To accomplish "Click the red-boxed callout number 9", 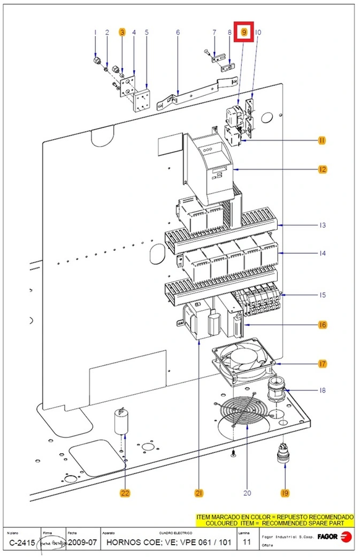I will [x=245, y=31].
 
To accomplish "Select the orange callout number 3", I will [x=122, y=32].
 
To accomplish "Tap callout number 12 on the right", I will [x=322, y=169].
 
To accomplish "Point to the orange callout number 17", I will [x=322, y=364].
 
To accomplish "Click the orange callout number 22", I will [x=125, y=493].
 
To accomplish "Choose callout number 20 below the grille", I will [x=247, y=493].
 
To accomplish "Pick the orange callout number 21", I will [x=199, y=493].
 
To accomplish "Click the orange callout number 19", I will [x=285, y=493].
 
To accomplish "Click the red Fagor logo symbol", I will [x=347, y=537].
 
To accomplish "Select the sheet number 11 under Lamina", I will [x=246, y=543].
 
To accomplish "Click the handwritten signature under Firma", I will [x=53, y=543].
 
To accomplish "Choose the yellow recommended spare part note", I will [x=275, y=519].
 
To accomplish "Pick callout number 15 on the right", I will [x=322, y=295].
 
